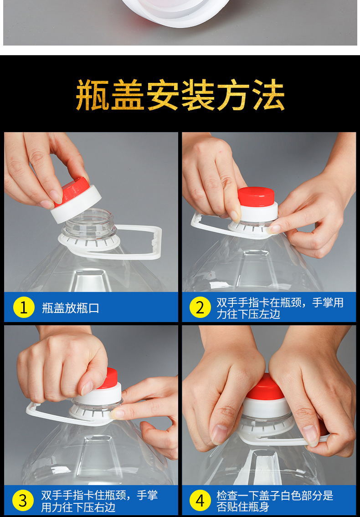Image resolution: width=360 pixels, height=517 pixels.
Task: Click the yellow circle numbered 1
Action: coord(24,307)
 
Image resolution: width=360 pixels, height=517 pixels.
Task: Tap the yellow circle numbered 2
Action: coord(201,307)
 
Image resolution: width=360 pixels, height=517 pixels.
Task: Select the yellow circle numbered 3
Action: coord(23,500)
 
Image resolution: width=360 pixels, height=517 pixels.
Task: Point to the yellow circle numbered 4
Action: coord(201,500)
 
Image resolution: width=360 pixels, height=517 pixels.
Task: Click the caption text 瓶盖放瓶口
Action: coord(71,308)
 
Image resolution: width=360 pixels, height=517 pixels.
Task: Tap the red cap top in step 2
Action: coord(257,197)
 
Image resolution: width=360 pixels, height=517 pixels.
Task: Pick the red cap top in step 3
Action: coord(109,378)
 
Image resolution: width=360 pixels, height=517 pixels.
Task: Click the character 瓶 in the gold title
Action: coord(93,95)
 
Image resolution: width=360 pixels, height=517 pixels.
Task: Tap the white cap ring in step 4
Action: coord(267,407)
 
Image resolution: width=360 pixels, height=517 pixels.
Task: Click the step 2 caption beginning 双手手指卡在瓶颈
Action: coord(280,308)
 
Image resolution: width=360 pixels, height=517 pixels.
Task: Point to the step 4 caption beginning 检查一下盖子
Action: coord(274,501)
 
